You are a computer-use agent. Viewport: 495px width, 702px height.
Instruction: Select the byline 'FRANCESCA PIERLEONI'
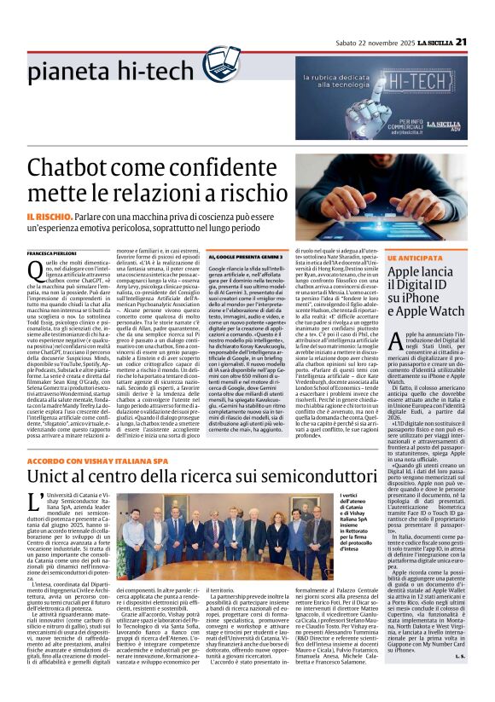point(52,255)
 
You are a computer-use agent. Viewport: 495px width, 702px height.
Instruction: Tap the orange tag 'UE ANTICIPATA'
point(413,257)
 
